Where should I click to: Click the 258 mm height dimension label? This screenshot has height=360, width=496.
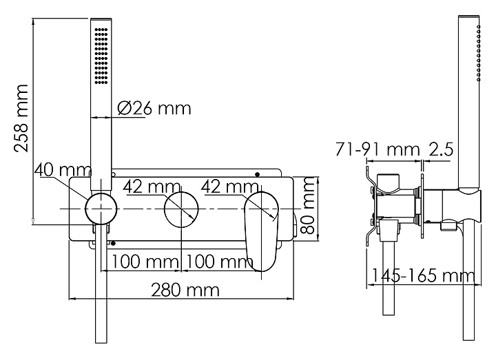tap(21, 118)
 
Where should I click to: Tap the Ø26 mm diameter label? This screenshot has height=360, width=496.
tap(154, 108)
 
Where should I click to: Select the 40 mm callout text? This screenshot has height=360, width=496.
tap(63, 170)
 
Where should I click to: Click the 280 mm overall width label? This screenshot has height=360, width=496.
tap(185, 290)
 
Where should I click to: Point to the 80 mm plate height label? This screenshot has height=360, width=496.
tap(307, 205)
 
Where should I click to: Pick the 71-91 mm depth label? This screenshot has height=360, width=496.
tap(378, 149)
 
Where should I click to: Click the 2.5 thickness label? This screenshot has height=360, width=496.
tap(441, 149)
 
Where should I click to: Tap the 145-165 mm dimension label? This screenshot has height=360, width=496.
tap(422, 275)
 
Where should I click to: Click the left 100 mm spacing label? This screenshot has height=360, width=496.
tap(145, 262)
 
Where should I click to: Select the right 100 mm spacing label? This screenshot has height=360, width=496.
tap(219, 262)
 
